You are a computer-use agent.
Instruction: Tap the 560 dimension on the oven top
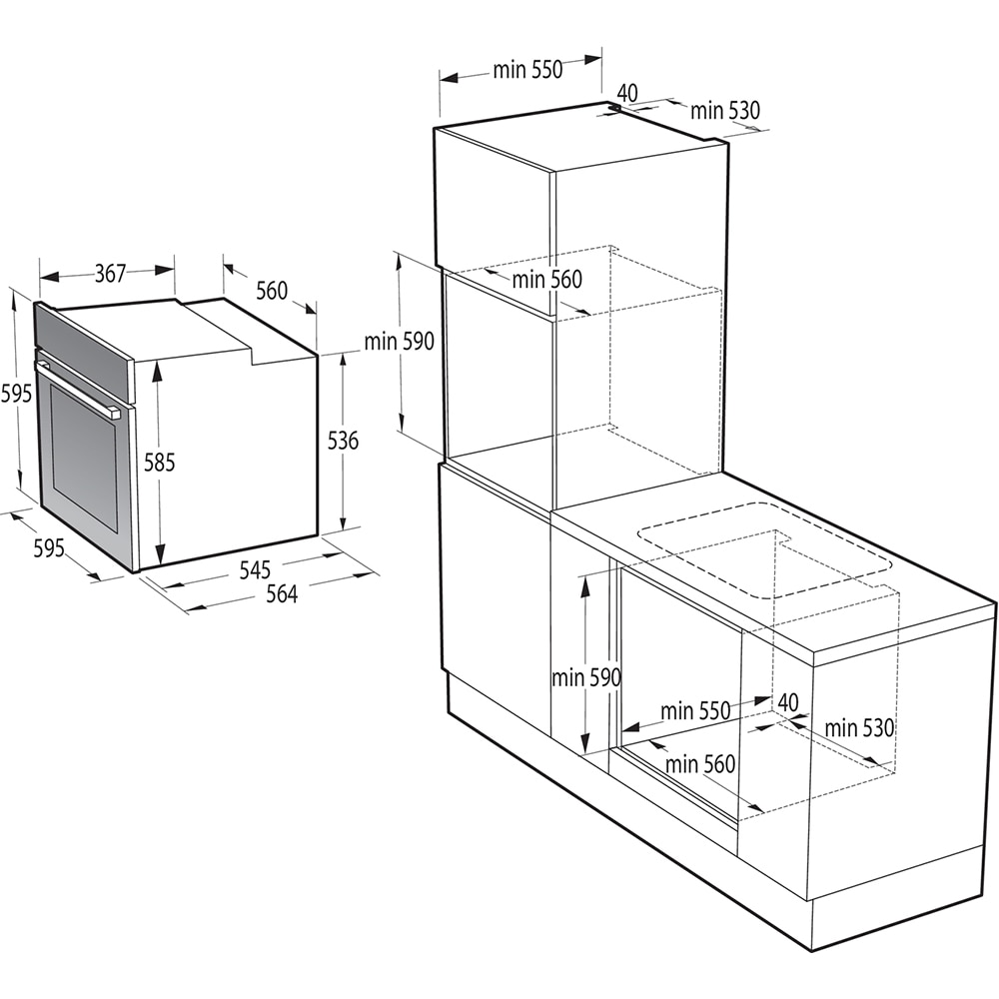tap(271, 291)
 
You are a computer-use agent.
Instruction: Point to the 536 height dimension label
tap(343, 440)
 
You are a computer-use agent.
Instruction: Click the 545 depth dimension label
tap(255, 570)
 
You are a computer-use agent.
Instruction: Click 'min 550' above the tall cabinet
tap(527, 70)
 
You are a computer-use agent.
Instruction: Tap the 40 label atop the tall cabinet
tap(627, 92)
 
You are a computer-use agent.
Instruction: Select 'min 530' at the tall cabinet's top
tap(725, 111)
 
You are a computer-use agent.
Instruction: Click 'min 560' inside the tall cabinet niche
tap(546, 280)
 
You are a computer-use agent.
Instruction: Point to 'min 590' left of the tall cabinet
tap(399, 342)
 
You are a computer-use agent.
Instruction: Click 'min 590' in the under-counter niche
tap(586, 677)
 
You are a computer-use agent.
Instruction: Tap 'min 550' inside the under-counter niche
tap(695, 710)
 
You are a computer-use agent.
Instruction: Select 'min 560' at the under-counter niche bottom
tap(700, 764)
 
